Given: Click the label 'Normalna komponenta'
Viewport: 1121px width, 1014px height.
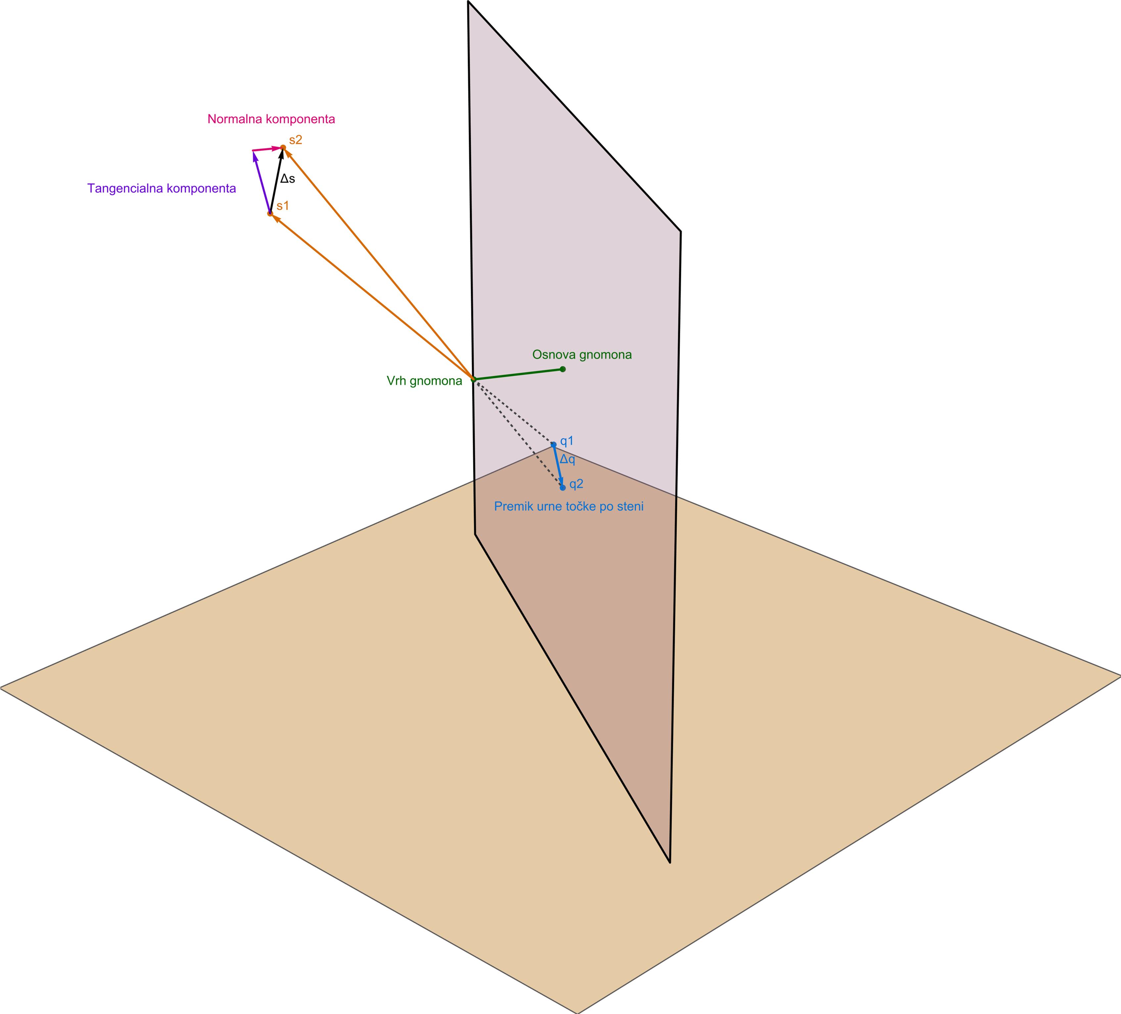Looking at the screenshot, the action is [x=271, y=119].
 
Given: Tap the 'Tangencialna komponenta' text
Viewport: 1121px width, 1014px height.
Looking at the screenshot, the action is [x=162, y=189].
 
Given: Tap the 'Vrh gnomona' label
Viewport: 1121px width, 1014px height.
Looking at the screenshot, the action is [x=424, y=381].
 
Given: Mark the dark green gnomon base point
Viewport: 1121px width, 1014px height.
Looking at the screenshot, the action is [x=563, y=369].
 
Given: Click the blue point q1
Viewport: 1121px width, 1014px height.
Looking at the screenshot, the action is [x=553, y=445].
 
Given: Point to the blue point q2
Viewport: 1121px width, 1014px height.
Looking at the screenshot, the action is [x=563, y=488].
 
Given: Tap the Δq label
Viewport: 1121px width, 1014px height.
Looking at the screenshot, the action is [x=568, y=460].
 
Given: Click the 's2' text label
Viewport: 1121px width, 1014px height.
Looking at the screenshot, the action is [x=296, y=140].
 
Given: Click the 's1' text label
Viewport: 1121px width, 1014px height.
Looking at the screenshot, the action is [x=283, y=206].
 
